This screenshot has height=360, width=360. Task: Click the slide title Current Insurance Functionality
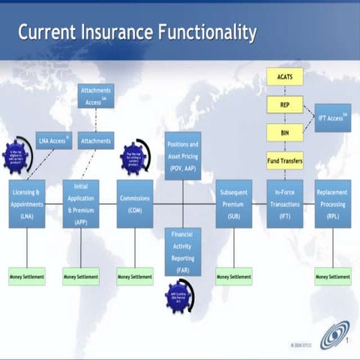137,33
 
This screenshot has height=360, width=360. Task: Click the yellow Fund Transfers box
285,160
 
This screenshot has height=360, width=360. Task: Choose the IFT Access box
332,118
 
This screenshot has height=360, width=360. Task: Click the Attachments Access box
96,95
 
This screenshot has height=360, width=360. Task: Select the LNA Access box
54,140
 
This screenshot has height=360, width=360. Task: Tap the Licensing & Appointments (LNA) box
27,203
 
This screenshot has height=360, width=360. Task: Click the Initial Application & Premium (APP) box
81,203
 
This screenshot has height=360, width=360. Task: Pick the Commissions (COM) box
135,203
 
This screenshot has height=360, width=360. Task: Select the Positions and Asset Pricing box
183,155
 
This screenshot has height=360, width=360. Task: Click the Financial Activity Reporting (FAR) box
183,252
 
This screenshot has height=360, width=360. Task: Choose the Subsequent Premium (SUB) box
233,203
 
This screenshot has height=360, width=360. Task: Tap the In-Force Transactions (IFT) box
285,203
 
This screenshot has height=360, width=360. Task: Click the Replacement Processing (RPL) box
332,203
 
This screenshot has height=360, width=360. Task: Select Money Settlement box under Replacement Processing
332,277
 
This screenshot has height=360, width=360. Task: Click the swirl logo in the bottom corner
334,334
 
